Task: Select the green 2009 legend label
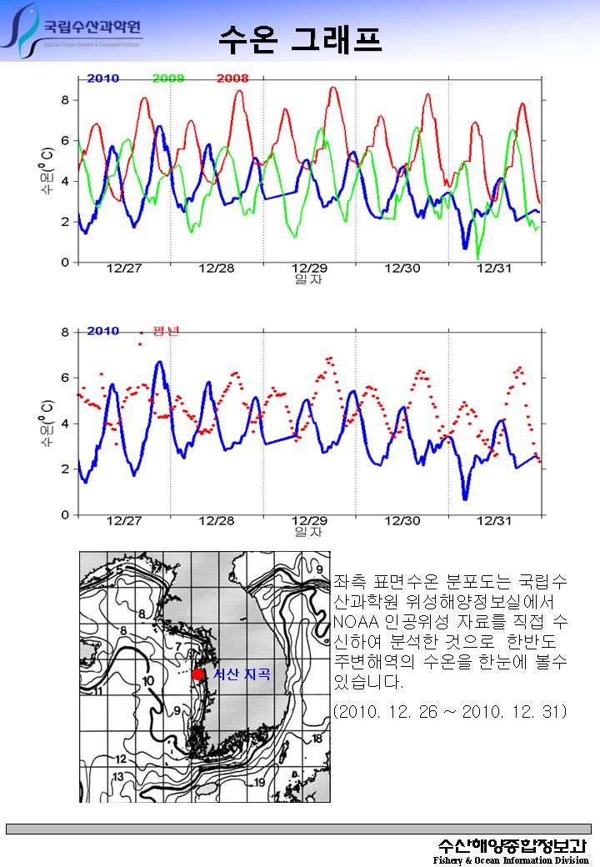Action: [169, 78]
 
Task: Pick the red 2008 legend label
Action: [232, 78]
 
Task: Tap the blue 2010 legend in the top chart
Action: [102, 78]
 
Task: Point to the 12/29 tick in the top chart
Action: [309, 268]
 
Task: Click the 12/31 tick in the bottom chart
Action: [494, 521]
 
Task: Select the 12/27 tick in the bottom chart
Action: [124, 521]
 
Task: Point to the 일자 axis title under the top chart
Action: [309, 279]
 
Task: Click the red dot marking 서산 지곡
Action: [197, 674]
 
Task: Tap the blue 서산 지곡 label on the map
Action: [242, 674]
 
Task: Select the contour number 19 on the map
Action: [260, 782]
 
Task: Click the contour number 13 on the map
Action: [118, 776]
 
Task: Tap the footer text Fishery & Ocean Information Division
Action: [511, 859]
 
